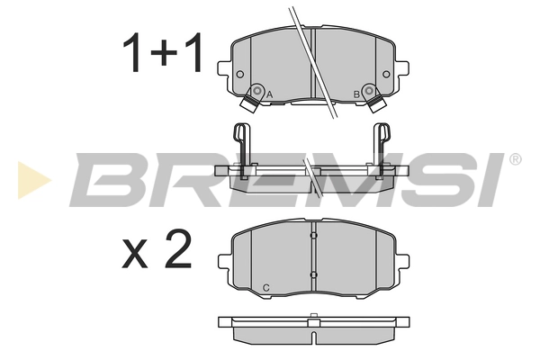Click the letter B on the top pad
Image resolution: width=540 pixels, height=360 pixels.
point(356,94)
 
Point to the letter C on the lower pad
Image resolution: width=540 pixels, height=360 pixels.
point(265,287)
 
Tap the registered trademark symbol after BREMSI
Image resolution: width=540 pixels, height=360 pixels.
point(515,159)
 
